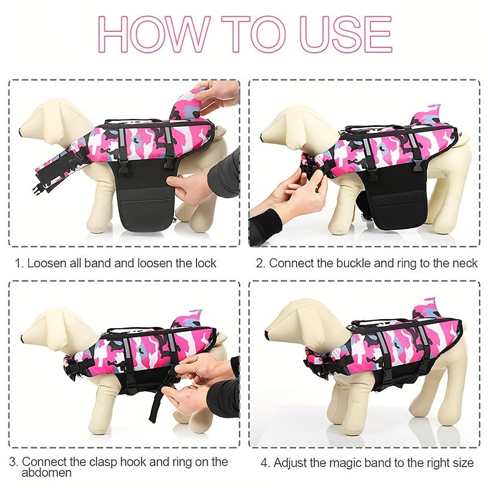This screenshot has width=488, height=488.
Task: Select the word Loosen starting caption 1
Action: pyautogui.click(x=47, y=264)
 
